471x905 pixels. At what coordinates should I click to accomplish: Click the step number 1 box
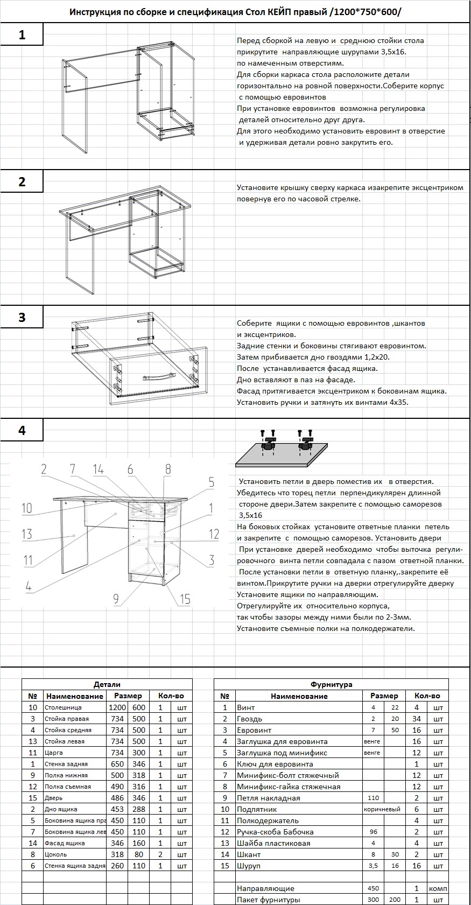click(22, 35)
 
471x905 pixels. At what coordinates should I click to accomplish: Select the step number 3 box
click(22, 317)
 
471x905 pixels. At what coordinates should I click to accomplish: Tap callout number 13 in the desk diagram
click(27, 534)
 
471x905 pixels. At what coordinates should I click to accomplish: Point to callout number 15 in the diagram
click(185, 599)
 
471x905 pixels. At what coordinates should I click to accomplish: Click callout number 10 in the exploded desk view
click(27, 508)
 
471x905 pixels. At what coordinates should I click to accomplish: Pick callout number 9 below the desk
click(116, 598)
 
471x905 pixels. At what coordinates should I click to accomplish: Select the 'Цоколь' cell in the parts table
click(57, 854)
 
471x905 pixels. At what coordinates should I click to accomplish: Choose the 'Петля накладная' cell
click(269, 798)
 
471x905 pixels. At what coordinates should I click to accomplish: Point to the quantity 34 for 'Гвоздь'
click(416, 719)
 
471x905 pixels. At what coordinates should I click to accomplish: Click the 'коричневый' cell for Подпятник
click(382, 809)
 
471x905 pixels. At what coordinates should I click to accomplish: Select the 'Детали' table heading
click(107, 684)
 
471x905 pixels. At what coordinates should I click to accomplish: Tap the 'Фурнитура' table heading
click(331, 684)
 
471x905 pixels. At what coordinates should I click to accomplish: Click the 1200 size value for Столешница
click(117, 707)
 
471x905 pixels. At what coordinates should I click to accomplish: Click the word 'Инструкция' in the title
click(95, 12)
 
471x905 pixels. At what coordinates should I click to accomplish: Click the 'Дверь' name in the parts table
click(54, 798)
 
